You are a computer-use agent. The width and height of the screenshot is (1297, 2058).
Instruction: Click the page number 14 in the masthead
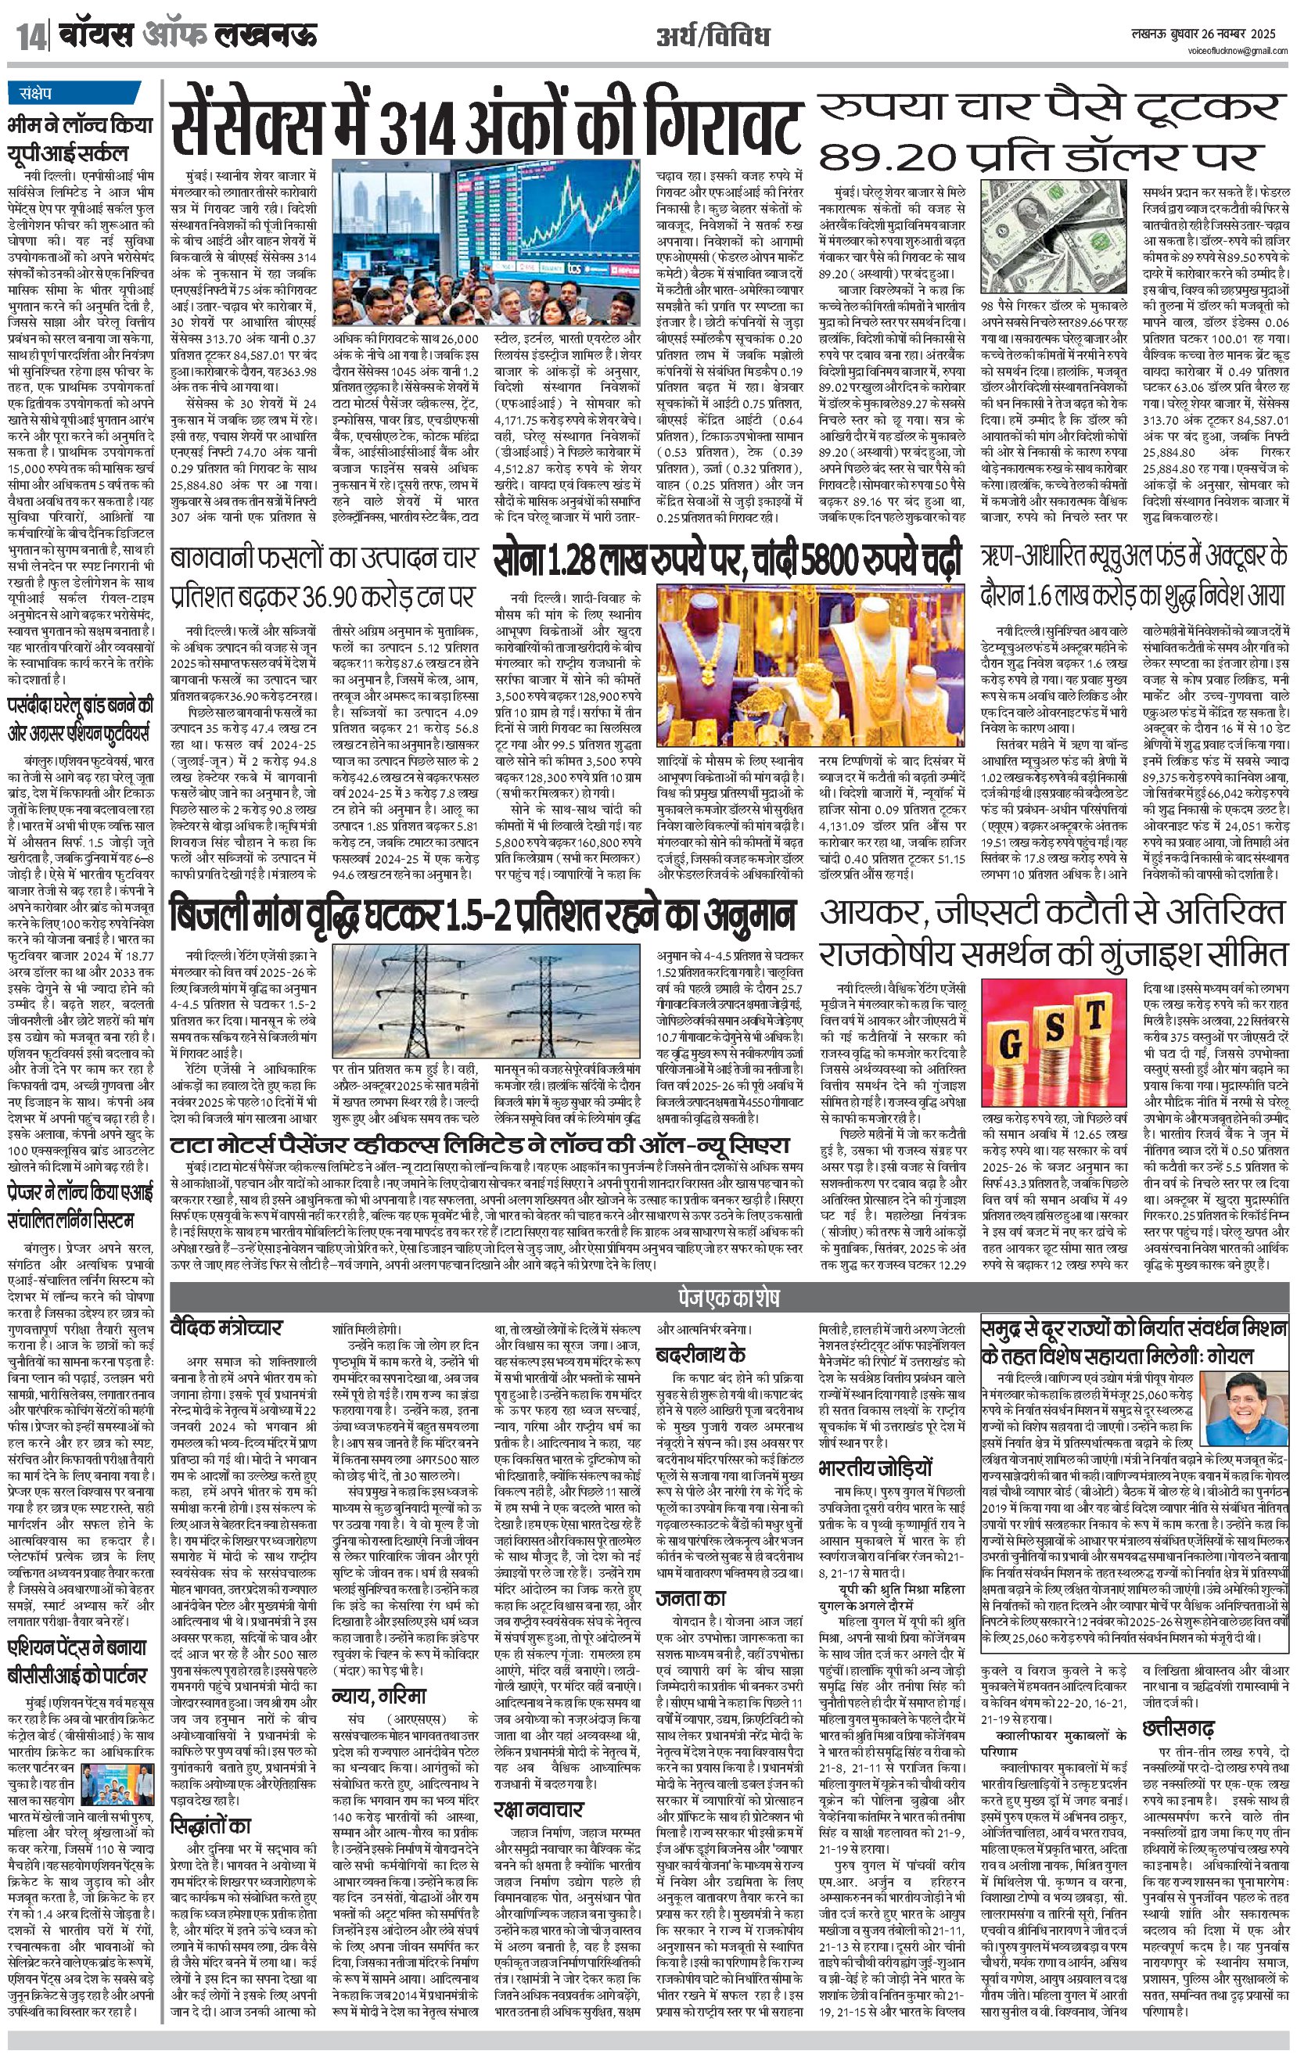(31, 38)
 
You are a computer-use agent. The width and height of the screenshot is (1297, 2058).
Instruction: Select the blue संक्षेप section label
(31, 93)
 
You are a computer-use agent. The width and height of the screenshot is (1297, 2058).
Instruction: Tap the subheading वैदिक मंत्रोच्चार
(226, 1329)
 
